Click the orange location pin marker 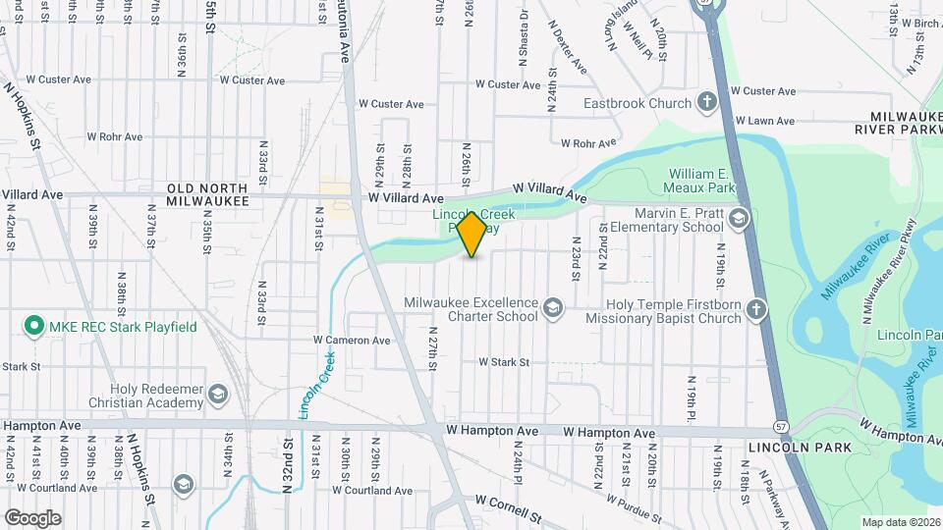472,234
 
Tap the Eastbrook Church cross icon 706,102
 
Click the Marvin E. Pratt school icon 738,218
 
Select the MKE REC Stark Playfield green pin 33,326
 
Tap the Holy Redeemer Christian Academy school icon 217,396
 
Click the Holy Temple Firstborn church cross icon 755,311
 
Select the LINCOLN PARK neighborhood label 791,448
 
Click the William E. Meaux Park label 702,180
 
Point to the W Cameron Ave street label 352,341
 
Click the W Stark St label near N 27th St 504,362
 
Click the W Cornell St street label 508,507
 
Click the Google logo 32,517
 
